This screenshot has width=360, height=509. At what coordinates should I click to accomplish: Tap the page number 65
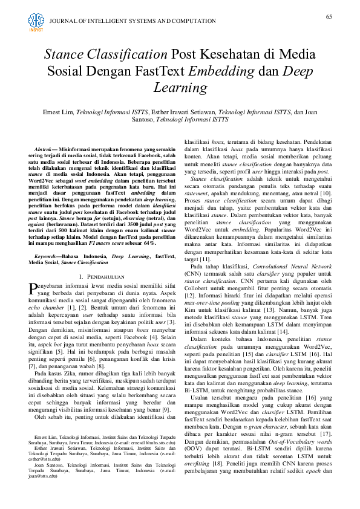coord(329,16)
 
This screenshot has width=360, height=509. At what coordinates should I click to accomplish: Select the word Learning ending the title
coord(180,88)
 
